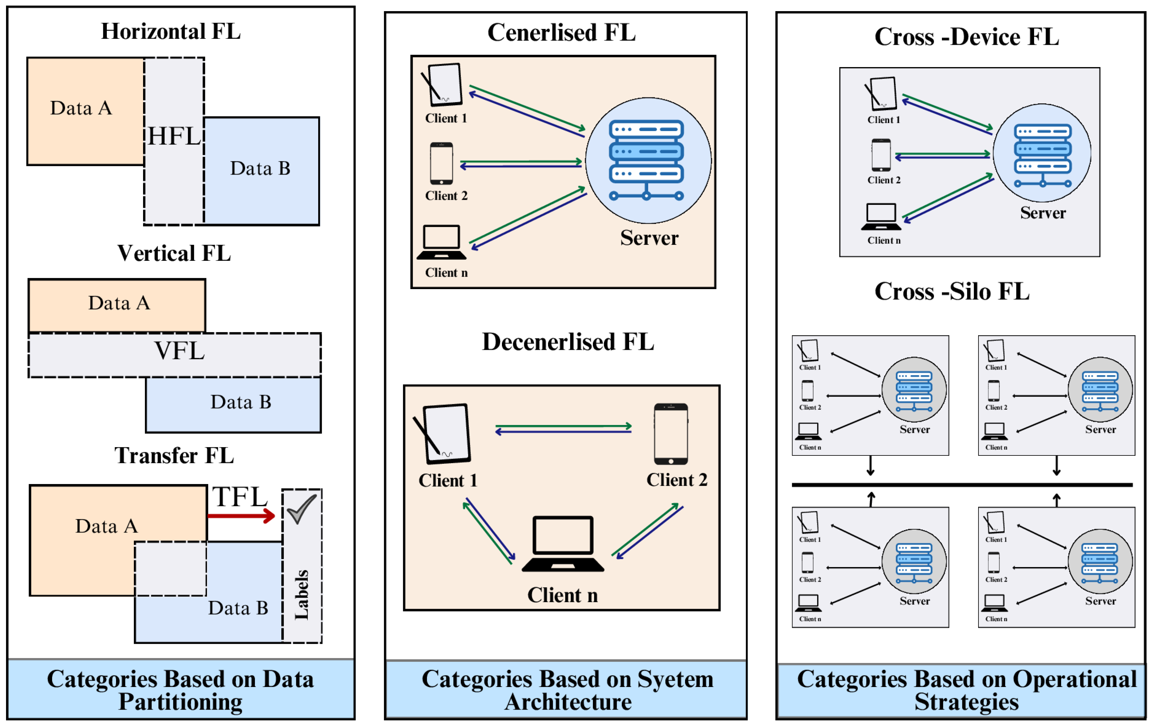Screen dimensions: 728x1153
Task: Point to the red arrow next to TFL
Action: [x=241, y=516]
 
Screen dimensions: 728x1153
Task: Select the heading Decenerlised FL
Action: [x=568, y=342]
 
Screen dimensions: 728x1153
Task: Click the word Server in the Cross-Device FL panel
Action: [x=1043, y=213]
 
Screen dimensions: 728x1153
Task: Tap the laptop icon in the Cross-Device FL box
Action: [x=881, y=217]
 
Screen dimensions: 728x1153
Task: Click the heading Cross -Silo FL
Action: [x=952, y=291]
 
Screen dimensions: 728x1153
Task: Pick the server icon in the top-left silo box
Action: [x=914, y=389]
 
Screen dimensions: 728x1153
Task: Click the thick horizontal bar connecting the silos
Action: [x=963, y=485]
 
